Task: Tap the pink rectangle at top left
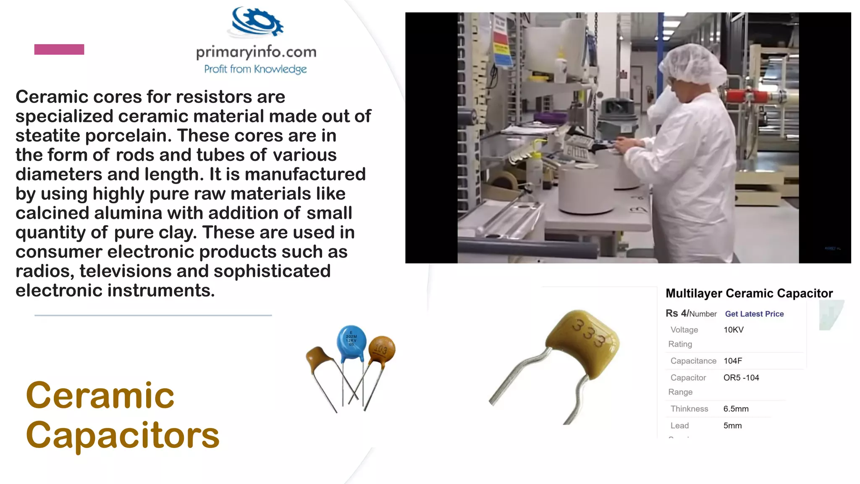click(59, 50)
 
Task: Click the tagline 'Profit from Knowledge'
click(255, 69)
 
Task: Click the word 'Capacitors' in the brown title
click(123, 435)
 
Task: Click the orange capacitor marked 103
click(382, 349)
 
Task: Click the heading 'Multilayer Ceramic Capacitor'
click(749, 293)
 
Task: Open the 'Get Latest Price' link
click(754, 314)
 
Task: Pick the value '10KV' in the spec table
click(733, 330)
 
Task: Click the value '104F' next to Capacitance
click(733, 361)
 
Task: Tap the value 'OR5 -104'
click(741, 378)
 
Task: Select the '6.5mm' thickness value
click(736, 409)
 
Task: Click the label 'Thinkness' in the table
click(689, 409)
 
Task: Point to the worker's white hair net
click(692, 67)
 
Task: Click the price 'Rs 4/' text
click(677, 313)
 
